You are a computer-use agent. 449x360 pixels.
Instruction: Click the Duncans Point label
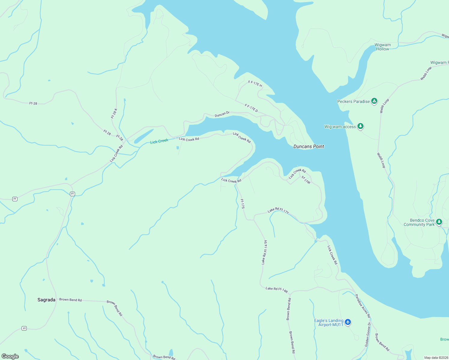click(309, 146)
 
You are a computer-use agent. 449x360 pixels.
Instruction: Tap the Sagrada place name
click(46, 300)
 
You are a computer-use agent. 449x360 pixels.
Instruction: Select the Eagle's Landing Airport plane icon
click(348, 322)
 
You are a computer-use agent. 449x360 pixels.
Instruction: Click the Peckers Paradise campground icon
click(374, 101)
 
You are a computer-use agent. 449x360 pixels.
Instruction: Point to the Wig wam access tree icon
click(360, 126)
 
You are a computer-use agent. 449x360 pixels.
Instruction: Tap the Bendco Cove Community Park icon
click(439, 222)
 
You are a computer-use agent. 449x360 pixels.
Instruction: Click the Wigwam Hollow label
click(382, 47)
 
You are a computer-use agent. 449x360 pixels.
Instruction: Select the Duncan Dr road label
click(222, 114)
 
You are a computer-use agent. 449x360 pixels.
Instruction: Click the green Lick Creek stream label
click(159, 141)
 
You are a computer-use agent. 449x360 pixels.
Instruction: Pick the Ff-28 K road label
click(114, 113)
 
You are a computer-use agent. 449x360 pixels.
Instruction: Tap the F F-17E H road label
click(255, 84)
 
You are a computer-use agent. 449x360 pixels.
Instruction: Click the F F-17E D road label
click(251, 108)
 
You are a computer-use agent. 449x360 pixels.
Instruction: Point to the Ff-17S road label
click(243, 204)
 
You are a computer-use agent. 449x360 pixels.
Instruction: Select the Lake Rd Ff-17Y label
click(278, 210)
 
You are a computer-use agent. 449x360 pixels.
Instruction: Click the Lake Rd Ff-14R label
click(276, 290)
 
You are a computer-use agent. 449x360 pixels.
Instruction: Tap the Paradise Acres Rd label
click(363, 306)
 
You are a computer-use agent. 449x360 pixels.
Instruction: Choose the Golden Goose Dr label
click(368, 334)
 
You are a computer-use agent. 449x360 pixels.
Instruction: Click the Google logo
click(10, 356)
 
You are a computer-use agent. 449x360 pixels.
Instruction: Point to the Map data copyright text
click(436, 358)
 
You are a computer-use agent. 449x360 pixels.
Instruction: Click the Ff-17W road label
click(306, 180)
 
